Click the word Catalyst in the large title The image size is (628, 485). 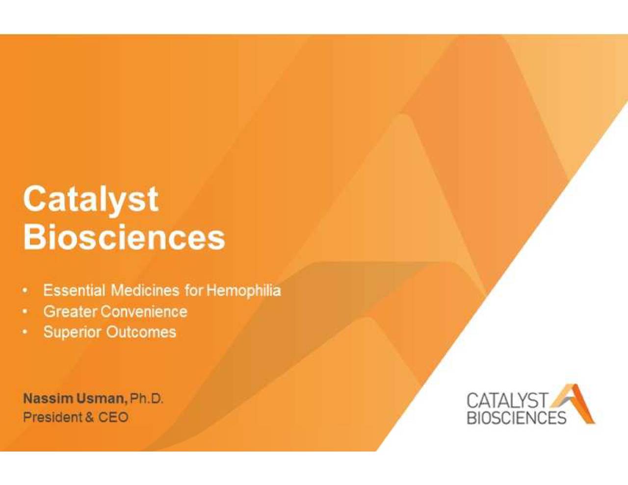90,199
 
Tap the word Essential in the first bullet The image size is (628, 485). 74,290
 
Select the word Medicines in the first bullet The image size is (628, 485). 146,290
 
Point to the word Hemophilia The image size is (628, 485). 243,290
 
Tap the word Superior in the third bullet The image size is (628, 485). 72,332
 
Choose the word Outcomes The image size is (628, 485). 141,332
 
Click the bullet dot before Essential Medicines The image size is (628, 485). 25,290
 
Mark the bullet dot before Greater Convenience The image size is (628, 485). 25,311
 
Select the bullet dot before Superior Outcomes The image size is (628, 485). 25,332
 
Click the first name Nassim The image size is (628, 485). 48,398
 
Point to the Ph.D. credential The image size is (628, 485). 147,398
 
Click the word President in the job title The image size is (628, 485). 52,417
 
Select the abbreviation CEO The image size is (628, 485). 113,417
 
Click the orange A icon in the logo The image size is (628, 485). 574,403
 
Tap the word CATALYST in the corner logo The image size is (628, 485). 507,400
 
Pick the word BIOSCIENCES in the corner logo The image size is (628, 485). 516,418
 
